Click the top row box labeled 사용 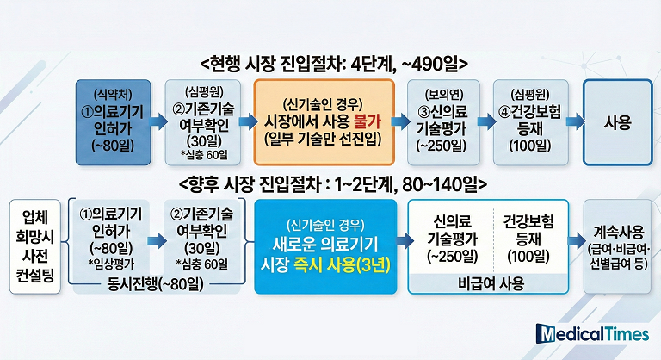pyautogui.click(x=619, y=121)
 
